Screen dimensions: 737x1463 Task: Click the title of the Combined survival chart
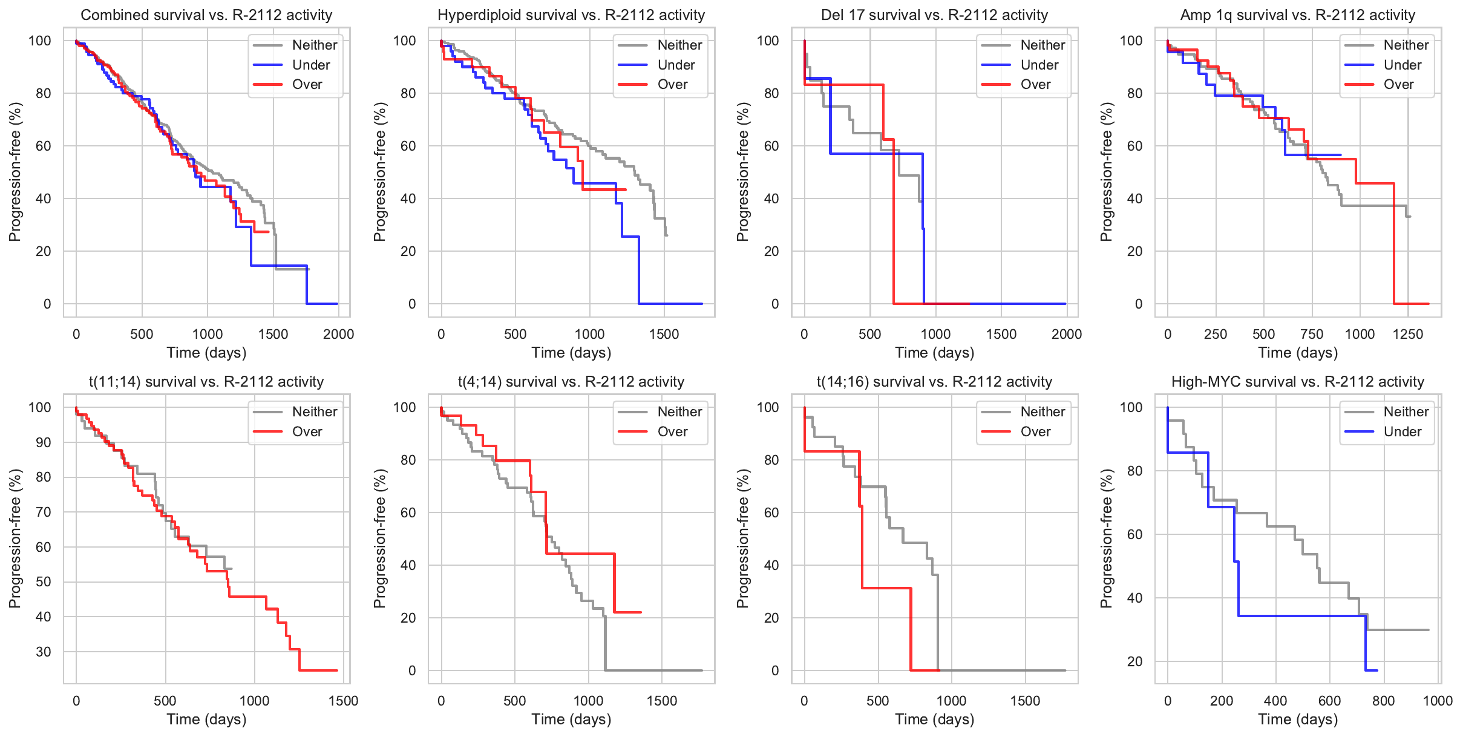tap(206, 15)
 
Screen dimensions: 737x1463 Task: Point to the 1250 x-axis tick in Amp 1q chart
tap(1408, 334)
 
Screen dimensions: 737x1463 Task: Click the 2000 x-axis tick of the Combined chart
tap(338, 334)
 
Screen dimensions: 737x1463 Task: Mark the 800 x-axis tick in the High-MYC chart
tap(1384, 701)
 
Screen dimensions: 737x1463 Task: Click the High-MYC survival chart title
tap(1297, 382)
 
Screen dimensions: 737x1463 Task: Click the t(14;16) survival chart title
tap(934, 382)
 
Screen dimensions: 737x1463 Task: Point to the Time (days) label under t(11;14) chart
tap(206, 719)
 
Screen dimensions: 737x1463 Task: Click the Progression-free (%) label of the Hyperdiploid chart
tap(380, 172)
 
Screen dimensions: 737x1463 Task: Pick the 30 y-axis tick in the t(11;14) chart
tap(44, 652)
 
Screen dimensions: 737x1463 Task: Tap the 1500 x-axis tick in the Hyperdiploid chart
tap(664, 334)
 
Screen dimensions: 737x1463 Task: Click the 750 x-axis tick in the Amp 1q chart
tap(1312, 334)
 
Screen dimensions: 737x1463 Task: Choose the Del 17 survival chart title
tap(934, 15)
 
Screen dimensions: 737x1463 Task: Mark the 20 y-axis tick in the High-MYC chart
tap(1134, 661)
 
